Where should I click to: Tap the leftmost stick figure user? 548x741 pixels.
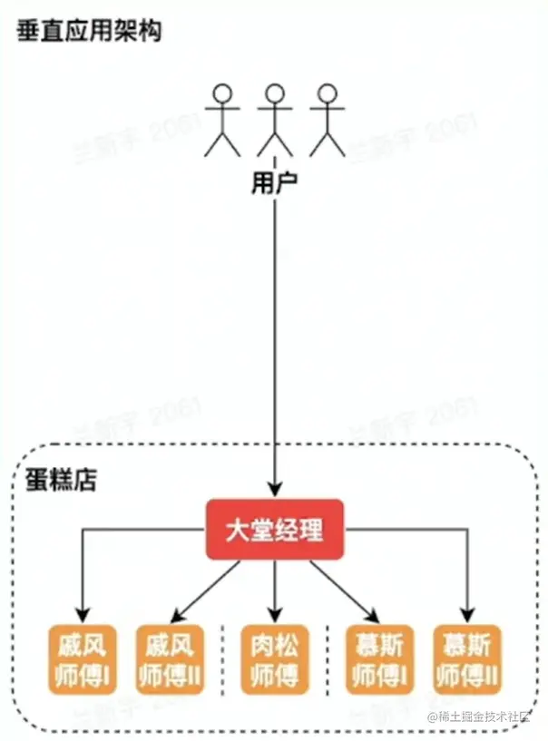click(x=221, y=119)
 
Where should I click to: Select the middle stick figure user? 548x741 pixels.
click(x=274, y=119)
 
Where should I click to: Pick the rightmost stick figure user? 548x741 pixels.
click(x=327, y=119)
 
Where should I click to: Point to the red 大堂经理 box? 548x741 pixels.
click(x=275, y=528)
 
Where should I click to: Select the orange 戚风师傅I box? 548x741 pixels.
click(x=82, y=660)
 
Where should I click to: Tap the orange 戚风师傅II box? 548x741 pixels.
click(x=170, y=660)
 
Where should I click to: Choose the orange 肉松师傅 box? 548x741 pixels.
click(x=275, y=660)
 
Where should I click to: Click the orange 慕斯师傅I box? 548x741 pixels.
click(x=379, y=660)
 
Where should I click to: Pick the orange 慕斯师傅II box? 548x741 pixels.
click(x=467, y=660)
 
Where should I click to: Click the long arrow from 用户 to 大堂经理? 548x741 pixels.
click(x=274, y=345)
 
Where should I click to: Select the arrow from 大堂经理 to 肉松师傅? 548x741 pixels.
click(x=275, y=590)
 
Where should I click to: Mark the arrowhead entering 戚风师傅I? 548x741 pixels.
click(x=83, y=615)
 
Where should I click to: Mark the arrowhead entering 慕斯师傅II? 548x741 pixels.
click(x=468, y=615)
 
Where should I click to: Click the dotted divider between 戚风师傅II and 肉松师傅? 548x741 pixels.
click(x=223, y=660)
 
